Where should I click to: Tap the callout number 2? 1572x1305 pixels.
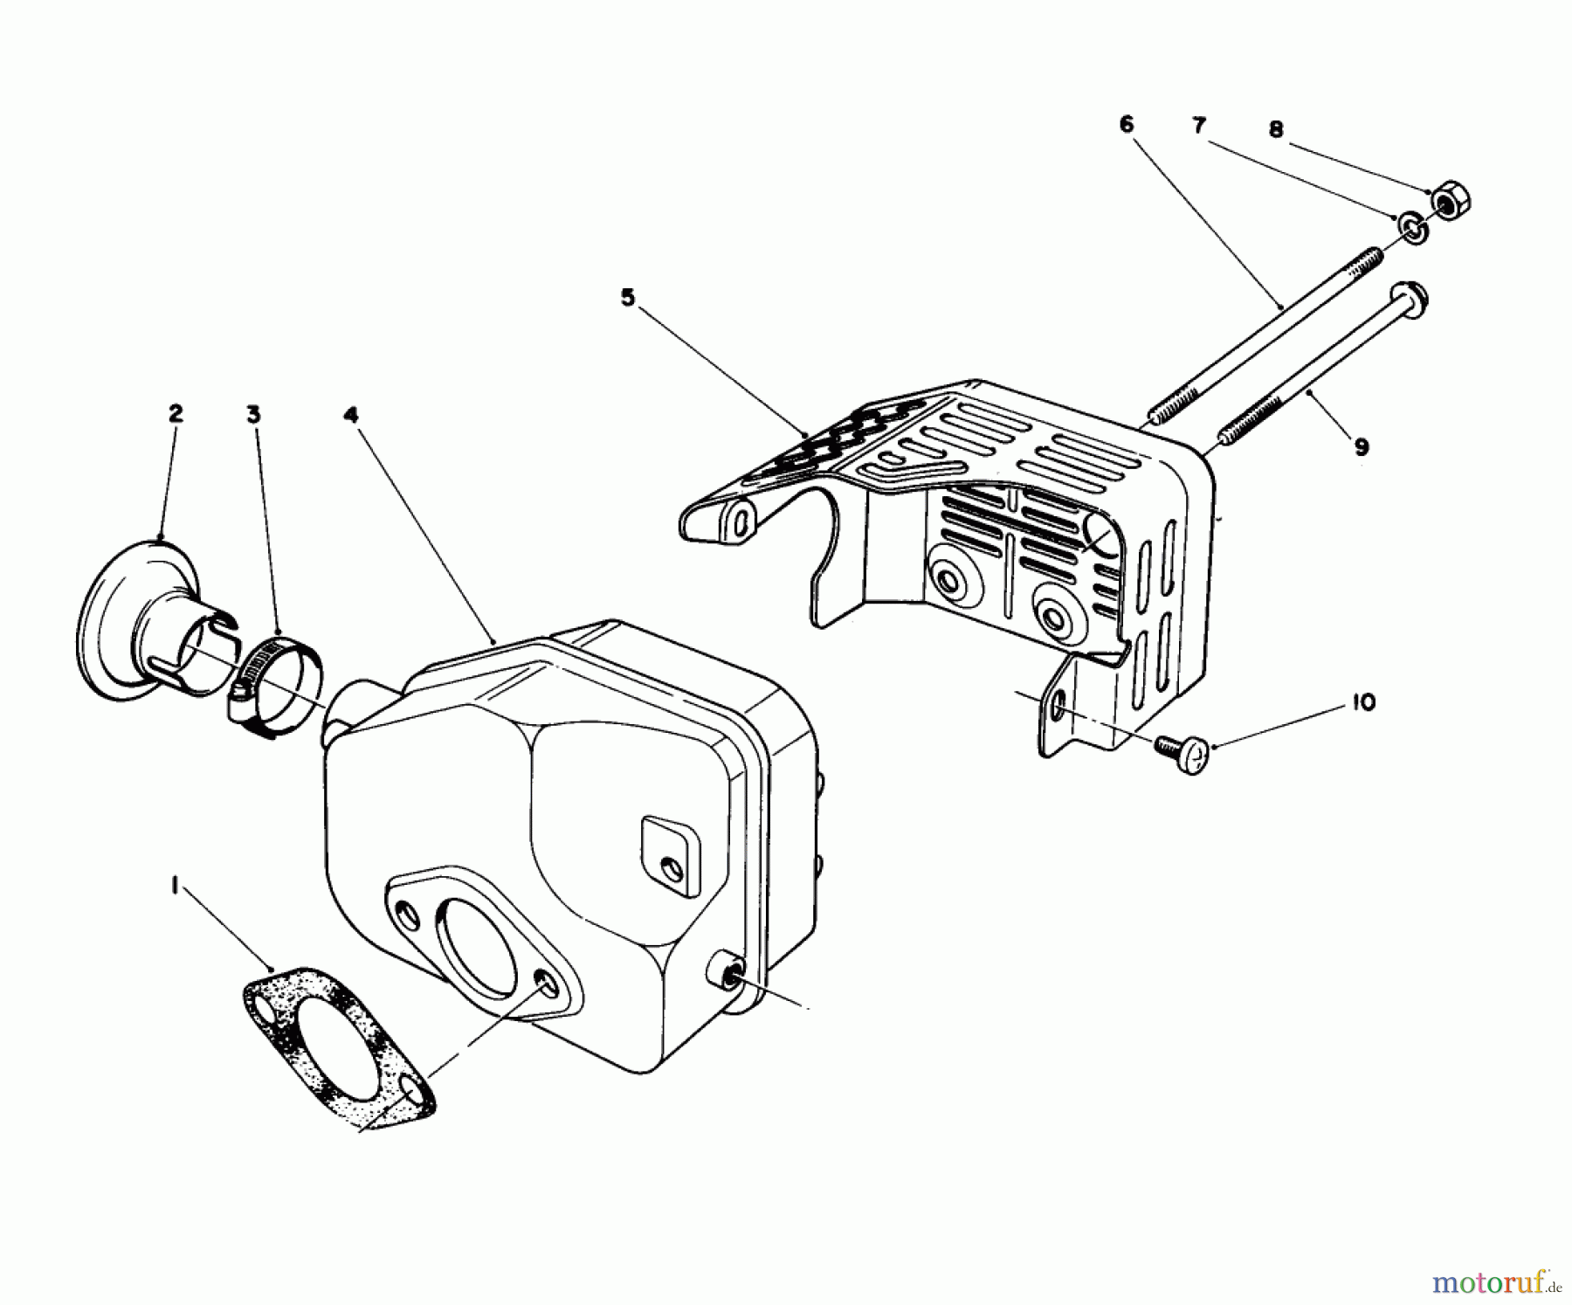point(176,413)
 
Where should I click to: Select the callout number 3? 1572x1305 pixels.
point(253,414)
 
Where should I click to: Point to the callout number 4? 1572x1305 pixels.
point(350,416)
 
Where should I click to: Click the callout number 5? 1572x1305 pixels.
point(627,298)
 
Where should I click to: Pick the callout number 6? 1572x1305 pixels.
point(1126,125)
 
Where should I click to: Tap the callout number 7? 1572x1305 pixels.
point(1199,126)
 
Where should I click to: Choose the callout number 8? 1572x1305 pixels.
point(1276,130)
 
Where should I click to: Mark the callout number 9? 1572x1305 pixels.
point(1361,447)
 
